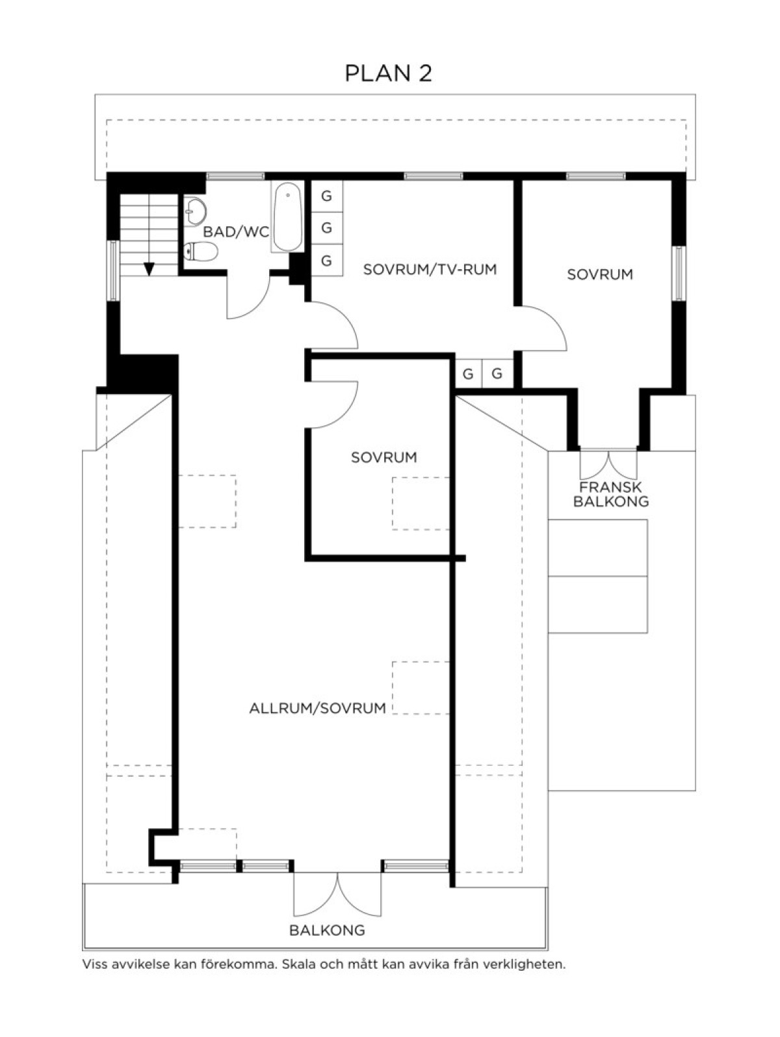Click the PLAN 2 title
click(388, 73)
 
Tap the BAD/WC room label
click(236, 232)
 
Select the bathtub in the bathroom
click(287, 217)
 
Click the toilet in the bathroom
click(200, 251)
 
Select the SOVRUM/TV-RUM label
click(430, 270)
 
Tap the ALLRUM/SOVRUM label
click(317, 708)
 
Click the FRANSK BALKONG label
click(611, 494)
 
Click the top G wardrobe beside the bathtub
click(326, 196)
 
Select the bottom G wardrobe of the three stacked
click(326, 260)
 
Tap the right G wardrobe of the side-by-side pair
click(497, 374)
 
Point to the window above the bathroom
click(235, 176)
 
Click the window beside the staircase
click(114, 270)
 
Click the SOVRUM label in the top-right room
click(600, 274)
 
